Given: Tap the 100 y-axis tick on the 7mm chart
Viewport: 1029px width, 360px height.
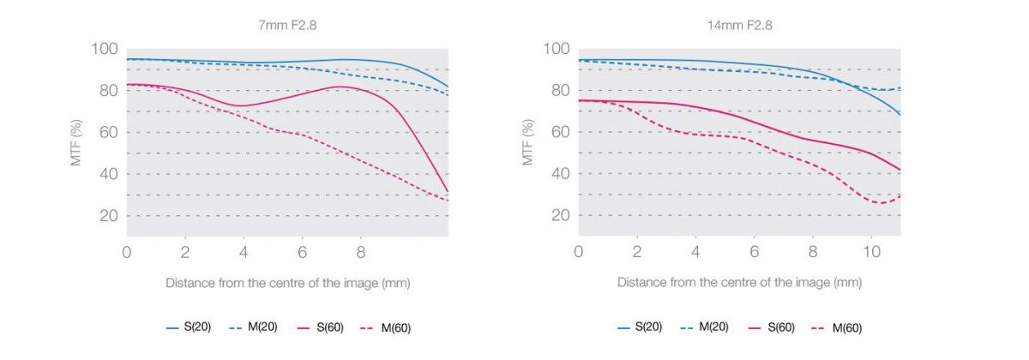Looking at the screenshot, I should click(x=105, y=49).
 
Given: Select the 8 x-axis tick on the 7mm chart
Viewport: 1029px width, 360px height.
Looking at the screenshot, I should click(x=360, y=253).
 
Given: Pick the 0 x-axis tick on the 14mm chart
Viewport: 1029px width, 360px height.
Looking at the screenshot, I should click(x=579, y=253).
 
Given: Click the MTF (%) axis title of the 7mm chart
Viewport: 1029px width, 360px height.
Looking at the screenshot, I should click(x=76, y=141).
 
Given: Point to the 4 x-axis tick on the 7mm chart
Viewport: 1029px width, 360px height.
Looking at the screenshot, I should click(x=244, y=253).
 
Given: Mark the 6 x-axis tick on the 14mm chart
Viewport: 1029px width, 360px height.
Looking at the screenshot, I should click(x=754, y=253).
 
